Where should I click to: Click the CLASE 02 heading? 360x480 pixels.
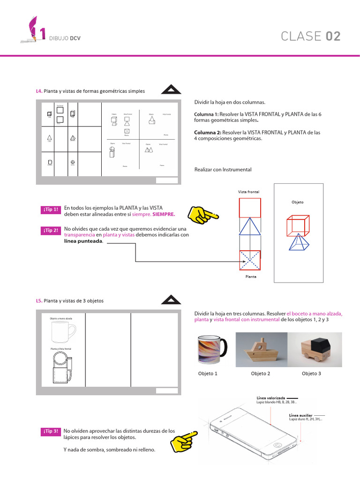click(310, 37)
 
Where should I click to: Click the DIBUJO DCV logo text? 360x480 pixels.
click(65, 39)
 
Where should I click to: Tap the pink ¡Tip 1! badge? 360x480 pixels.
click(51, 210)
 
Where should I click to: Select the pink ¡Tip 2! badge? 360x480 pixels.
click(51, 231)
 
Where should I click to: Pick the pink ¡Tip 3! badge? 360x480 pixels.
click(51, 431)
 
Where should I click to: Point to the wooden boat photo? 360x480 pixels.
click(261, 349)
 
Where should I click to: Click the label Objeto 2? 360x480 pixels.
click(260, 374)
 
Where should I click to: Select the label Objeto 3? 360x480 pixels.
click(311, 374)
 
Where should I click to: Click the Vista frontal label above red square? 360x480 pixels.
click(248, 192)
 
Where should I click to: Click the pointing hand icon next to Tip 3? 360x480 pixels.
click(183, 438)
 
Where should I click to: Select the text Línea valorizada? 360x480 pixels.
click(270, 398)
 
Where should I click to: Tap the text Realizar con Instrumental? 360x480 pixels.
click(223, 169)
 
